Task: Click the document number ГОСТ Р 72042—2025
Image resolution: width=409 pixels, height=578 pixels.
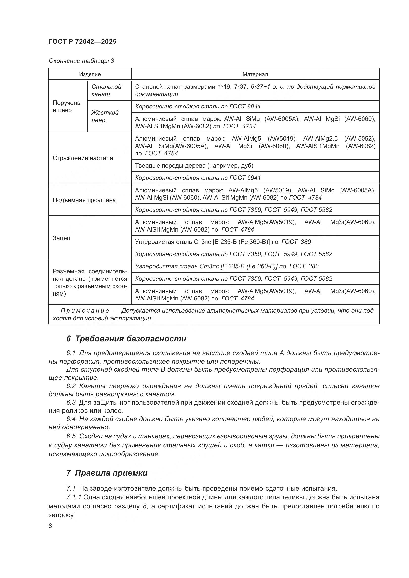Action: (x=82, y=42)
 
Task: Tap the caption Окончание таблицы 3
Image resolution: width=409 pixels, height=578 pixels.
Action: (x=81, y=61)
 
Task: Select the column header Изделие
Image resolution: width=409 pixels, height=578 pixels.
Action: (x=90, y=74)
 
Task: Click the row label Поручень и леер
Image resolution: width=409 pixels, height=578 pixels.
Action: (x=66, y=106)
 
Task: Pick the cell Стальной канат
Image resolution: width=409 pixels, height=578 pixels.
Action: (x=106, y=90)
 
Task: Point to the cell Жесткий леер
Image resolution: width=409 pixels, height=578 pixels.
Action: (x=105, y=116)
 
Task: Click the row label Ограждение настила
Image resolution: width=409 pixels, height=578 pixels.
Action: (x=83, y=158)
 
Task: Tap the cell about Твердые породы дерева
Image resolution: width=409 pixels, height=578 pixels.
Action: (x=194, y=165)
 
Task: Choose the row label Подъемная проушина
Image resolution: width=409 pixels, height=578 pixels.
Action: (x=84, y=200)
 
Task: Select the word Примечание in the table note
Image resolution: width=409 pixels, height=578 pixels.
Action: (x=85, y=311)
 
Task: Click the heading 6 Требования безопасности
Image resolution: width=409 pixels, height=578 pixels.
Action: (x=126, y=339)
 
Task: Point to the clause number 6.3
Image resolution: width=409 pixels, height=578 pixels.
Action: (x=71, y=403)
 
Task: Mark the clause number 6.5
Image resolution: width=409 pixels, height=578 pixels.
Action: (x=71, y=436)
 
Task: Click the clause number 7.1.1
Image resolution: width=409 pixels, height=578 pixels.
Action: (x=74, y=497)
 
